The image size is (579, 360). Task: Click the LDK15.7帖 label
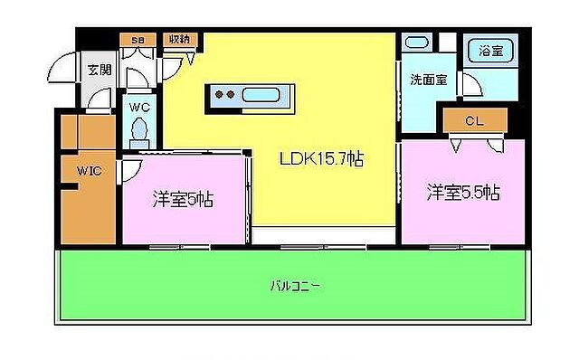coord(320,160)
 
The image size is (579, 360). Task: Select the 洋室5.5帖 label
coord(463,192)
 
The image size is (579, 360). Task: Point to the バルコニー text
coord(296,286)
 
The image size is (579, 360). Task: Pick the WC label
coord(138,107)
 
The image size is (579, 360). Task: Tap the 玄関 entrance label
coord(97,67)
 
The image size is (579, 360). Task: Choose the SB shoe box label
coord(138,39)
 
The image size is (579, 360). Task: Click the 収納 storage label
coord(178,39)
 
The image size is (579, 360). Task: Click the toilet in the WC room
coord(138,132)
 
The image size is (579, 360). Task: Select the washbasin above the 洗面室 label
coord(418,43)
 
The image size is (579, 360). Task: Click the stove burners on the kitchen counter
coord(225,94)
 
